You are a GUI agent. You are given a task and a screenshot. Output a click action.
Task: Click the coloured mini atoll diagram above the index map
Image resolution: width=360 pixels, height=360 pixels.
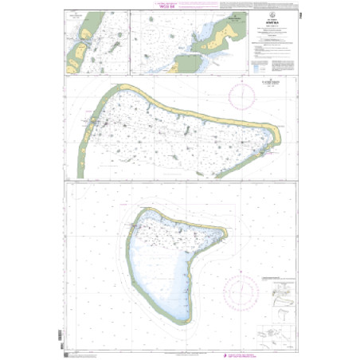(x=276, y=295)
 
